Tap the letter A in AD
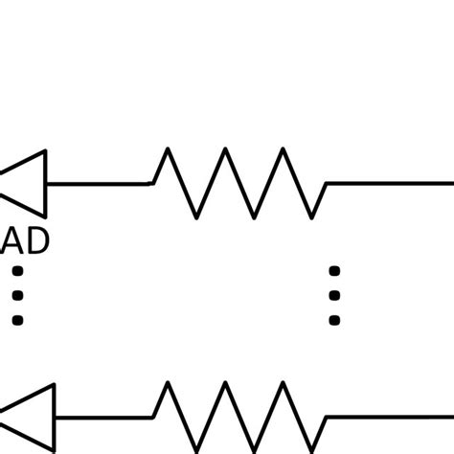pos(15,241)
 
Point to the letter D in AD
pos(37,241)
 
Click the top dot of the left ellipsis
pos(16,272)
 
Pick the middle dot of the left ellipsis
pos(16,296)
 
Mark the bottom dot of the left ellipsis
pos(16,320)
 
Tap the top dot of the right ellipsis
pos(334,272)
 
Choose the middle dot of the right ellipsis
pos(334,296)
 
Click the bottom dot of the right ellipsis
pos(334,320)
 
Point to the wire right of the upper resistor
pos(388,182)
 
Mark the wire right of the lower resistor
pos(388,418)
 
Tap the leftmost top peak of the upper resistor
pos(168,150)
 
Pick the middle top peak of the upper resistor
pos(225,150)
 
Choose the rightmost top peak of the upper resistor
pos(284,150)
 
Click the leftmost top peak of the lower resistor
pos(168,385)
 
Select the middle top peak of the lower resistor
pos(225,385)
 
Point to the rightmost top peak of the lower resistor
pos(284,385)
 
